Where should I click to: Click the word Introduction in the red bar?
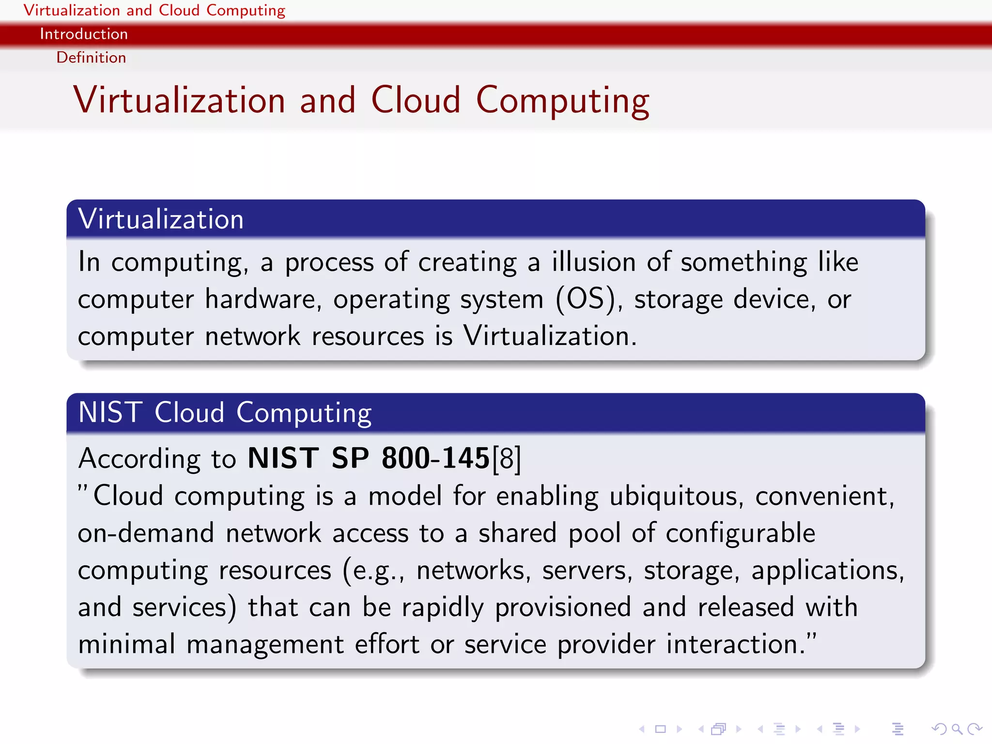(84, 34)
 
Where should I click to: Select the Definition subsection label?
(91, 58)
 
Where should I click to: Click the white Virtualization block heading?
(160, 219)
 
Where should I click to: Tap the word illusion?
(593, 262)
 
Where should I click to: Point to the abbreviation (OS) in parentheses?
(586, 299)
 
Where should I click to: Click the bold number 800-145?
(435, 458)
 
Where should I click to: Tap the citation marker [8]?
(507, 458)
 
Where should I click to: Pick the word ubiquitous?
(673, 496)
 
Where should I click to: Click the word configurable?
(740, 533)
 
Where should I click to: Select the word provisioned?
(563, 607)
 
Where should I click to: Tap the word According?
(139, 458)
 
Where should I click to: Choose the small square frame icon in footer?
(660, 728)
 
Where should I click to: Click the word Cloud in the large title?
(416, 100)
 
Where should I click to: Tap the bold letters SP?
(350, 458)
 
